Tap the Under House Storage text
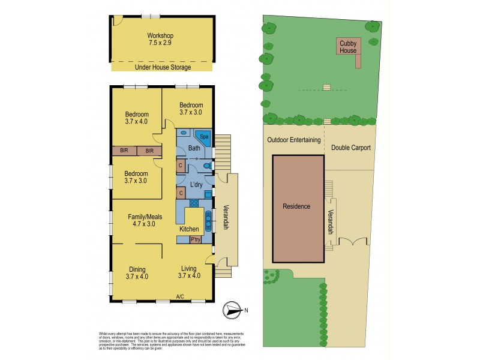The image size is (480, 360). click(x=160, y=67)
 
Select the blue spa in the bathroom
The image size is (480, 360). click(x=204, y=136)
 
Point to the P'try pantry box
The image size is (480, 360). click(x=195, y=239)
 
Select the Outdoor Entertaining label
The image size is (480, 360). click(x=291, y=140)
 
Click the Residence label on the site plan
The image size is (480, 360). click(x=296, y=206)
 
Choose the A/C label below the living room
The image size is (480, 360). click(x=180, y=296)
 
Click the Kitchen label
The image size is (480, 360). click(x=190, y=229)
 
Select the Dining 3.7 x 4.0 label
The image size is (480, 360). click(x=137, y=273)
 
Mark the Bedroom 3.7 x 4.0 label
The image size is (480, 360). click(x=137, y=118)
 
